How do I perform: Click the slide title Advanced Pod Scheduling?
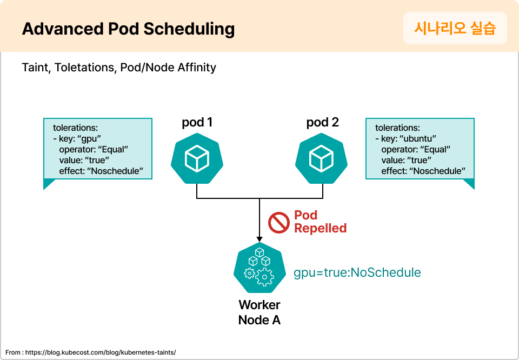[x=128, y=29]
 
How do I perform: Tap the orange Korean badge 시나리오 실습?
[x=455, y=28]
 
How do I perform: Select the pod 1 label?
[x=197, y=123]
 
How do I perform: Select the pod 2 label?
[x=322, y=123]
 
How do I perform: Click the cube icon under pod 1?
[x=197, y=159]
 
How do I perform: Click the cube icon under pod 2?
[x=322, y=159]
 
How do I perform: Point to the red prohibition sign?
[x=279, y=222]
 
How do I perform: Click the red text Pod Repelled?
[x=320, y=222]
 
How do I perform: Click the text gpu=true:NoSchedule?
[x=357, y=272]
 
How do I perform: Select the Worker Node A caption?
[x=259, y=312]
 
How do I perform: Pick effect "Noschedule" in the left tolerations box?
[x=101, y=171]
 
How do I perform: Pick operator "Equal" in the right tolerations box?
[x=415, y=150]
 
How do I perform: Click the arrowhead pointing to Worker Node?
[x=259, y=238]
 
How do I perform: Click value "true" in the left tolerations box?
[x=84, y=161]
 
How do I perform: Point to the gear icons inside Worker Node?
[x=258, y=275]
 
